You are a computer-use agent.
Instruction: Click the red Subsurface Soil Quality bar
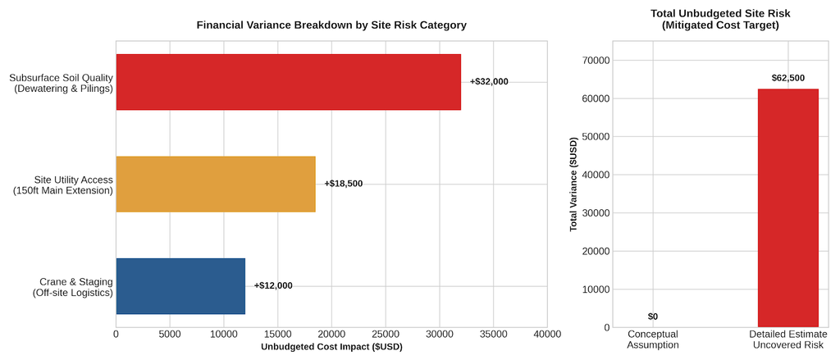[x=288, y=82]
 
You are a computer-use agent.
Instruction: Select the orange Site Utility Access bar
[x=216, y=185]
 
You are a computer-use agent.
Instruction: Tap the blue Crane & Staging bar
[x=180, y=286]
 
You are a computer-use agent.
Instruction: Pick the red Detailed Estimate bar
[x=788, y=207]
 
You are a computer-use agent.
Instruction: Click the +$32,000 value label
[x=489, y=82]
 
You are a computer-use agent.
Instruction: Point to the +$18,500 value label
[x=344, y=184]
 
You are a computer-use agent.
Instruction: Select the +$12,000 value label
[x=273, y=285]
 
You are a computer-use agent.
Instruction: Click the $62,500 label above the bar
[x=788, y=78]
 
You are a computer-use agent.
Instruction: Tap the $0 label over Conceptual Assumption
[x=652, y=317]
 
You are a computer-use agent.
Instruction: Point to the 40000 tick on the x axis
[x=547, y=335]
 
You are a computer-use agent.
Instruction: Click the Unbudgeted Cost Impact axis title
[x=331, y=347]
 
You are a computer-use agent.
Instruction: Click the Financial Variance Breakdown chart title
[x=331, y=25]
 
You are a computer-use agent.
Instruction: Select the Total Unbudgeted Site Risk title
[x=713, y=19]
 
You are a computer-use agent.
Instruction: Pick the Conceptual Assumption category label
[x=652, y=339]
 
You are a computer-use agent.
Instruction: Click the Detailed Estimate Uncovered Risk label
[x=788, y=339]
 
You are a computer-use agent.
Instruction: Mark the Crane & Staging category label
[x=73, y=287]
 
